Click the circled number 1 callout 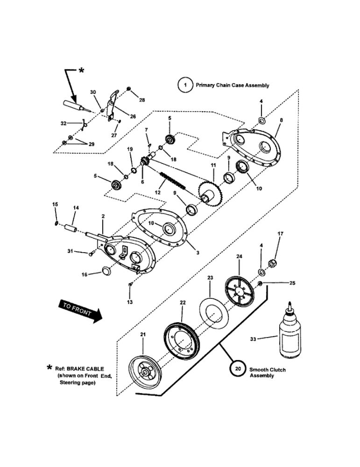(x=185, y=85)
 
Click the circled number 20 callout (x=238, y=369)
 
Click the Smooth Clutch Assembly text (x=268, y=372)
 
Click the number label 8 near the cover (x=281, y=120)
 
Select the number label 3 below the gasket (x=198, y=253)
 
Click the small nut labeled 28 (x=129, y=90)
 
